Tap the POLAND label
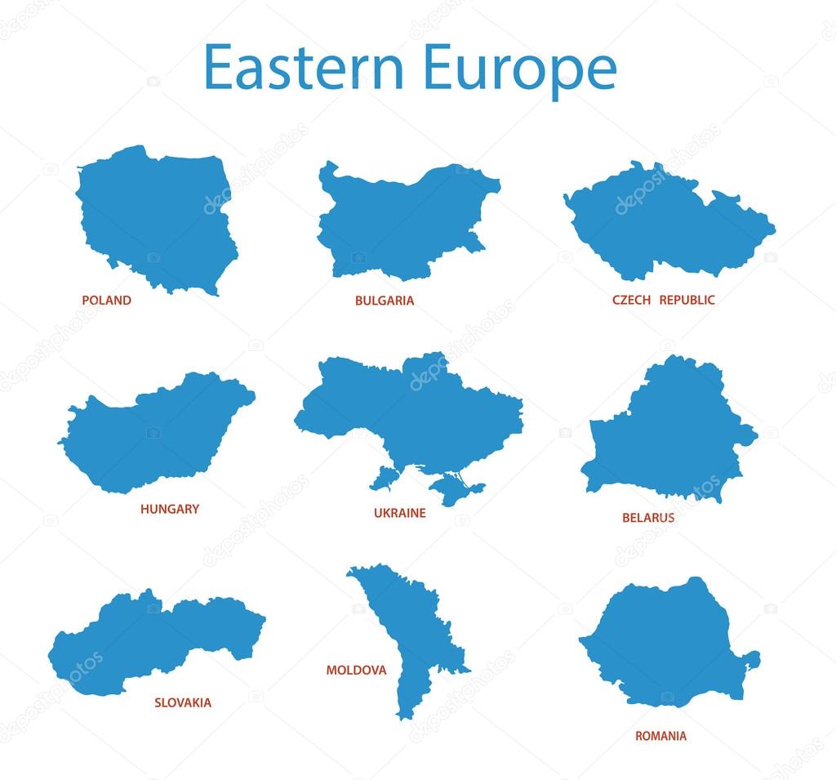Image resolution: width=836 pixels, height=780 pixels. coord(106,300)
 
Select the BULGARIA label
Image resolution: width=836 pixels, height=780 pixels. coord(385,301)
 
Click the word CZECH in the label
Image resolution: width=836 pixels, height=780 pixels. coord(632,300)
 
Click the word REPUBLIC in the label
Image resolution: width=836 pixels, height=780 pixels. coord(687,300)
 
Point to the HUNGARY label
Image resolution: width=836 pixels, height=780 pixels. coord(170,509)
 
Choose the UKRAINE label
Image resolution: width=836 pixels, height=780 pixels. coord(400,513)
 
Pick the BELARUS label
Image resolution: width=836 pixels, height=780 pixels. coord(648,517)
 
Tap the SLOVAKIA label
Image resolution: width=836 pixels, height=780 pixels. coord(183,702)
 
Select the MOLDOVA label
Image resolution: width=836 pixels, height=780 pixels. coord(356,670)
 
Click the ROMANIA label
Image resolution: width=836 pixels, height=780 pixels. coord(660,736)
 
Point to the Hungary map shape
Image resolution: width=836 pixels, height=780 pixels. coord(155,433)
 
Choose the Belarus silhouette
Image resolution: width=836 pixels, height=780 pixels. coord(669,433)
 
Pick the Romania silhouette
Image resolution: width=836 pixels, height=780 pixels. coord(665,641)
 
